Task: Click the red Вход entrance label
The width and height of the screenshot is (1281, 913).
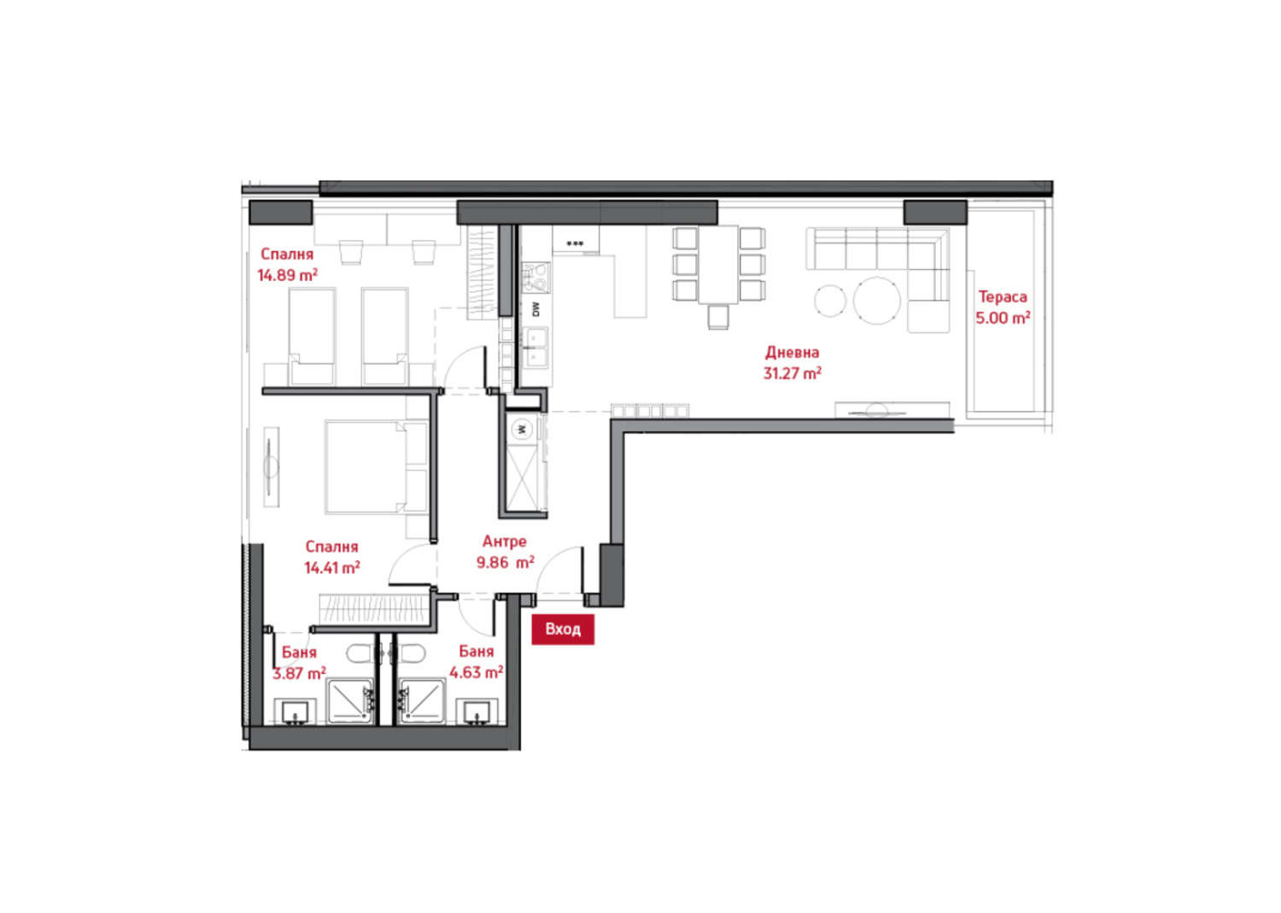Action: pos(563,629)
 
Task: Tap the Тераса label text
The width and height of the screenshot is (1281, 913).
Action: pos(1003,297)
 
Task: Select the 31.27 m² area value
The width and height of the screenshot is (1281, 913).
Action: pos(792,373)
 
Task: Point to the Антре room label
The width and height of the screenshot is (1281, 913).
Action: pos(505,541)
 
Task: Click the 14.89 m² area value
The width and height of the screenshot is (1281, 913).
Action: pos(287,275)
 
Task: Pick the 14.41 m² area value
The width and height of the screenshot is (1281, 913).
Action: pos(331,567)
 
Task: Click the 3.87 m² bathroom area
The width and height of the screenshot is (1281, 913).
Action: pos(299,673)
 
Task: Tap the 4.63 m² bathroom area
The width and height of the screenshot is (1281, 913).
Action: pos(477,672)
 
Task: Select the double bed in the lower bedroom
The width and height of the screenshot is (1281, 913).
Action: pos(377,467)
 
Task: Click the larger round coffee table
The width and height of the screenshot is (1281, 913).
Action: pos(877,301)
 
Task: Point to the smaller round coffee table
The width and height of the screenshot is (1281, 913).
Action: pos(830,301)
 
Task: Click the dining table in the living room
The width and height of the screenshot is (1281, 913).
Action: pos(718,264)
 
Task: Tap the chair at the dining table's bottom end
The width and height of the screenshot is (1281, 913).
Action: pos(718,316)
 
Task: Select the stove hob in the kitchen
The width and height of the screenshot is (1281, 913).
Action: pos(535,278)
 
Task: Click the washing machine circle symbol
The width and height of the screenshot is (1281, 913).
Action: pos(520,429)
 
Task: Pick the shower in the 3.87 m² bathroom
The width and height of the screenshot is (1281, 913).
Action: pos(349,701)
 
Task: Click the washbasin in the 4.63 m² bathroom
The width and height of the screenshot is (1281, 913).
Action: pos(476,713)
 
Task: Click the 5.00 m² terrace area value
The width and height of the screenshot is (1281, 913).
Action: pos(1003,318)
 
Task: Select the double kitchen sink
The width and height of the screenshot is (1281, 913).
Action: pos(535,348)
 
